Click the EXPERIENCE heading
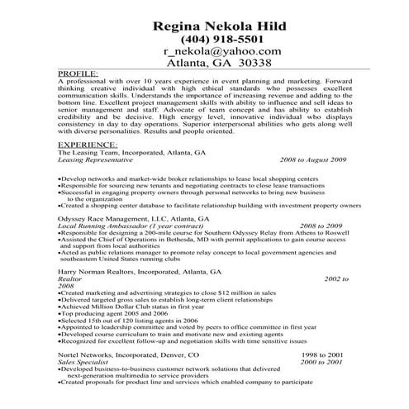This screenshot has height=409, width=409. (87, 145)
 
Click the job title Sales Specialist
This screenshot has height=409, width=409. (87, 361)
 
